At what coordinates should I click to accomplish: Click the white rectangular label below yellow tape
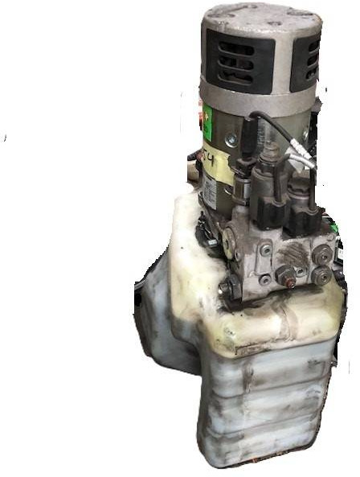(207, 190)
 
